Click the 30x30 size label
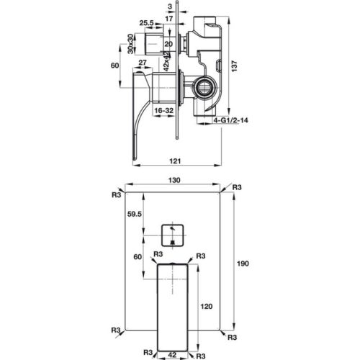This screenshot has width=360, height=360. (x=131, y=44)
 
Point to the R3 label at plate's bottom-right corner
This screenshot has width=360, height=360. (x=232, y=336)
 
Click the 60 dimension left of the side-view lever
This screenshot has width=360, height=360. (x=115, y=66)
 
